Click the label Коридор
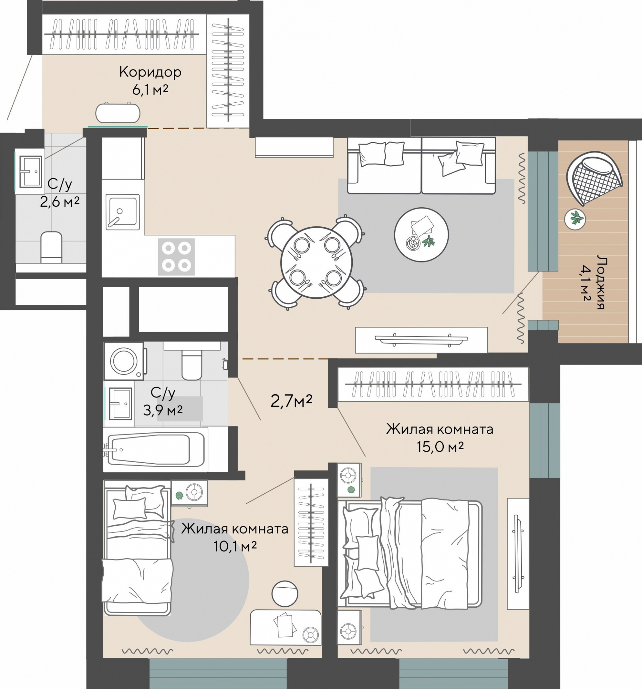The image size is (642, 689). pyautogui.click(x=150, y=73)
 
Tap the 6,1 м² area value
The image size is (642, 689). pyautogui.click(x=150, y=90)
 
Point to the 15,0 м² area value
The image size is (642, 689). pyautogui.click(x=440, y=447)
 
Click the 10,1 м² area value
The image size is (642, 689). pyautogui.click(x=235, y=547)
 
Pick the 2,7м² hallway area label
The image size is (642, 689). pyautogui.click(x=291, y=401)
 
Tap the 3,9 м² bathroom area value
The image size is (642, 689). pyautogui.click(x=163, y=411)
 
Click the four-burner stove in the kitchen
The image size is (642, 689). pyautogui.click(x=176, y=257)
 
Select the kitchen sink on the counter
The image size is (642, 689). pyautogui.click(x=123, y=212)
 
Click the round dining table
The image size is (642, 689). pyautogui.click(x=316, y=262)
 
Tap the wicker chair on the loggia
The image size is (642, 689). pyautogui.click(x=594, y=178)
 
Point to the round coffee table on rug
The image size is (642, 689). pyautogui.click(x=421, y=235)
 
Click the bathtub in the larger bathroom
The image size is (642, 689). pyautogui.click(x=155, y=449)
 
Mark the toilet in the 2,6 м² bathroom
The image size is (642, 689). pyautogui.click(x=51, y=248)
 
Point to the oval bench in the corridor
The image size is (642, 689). pyautogui.click(x=118, y=113)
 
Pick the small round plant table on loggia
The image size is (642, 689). pyautogui.click(x=575, y=219)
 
